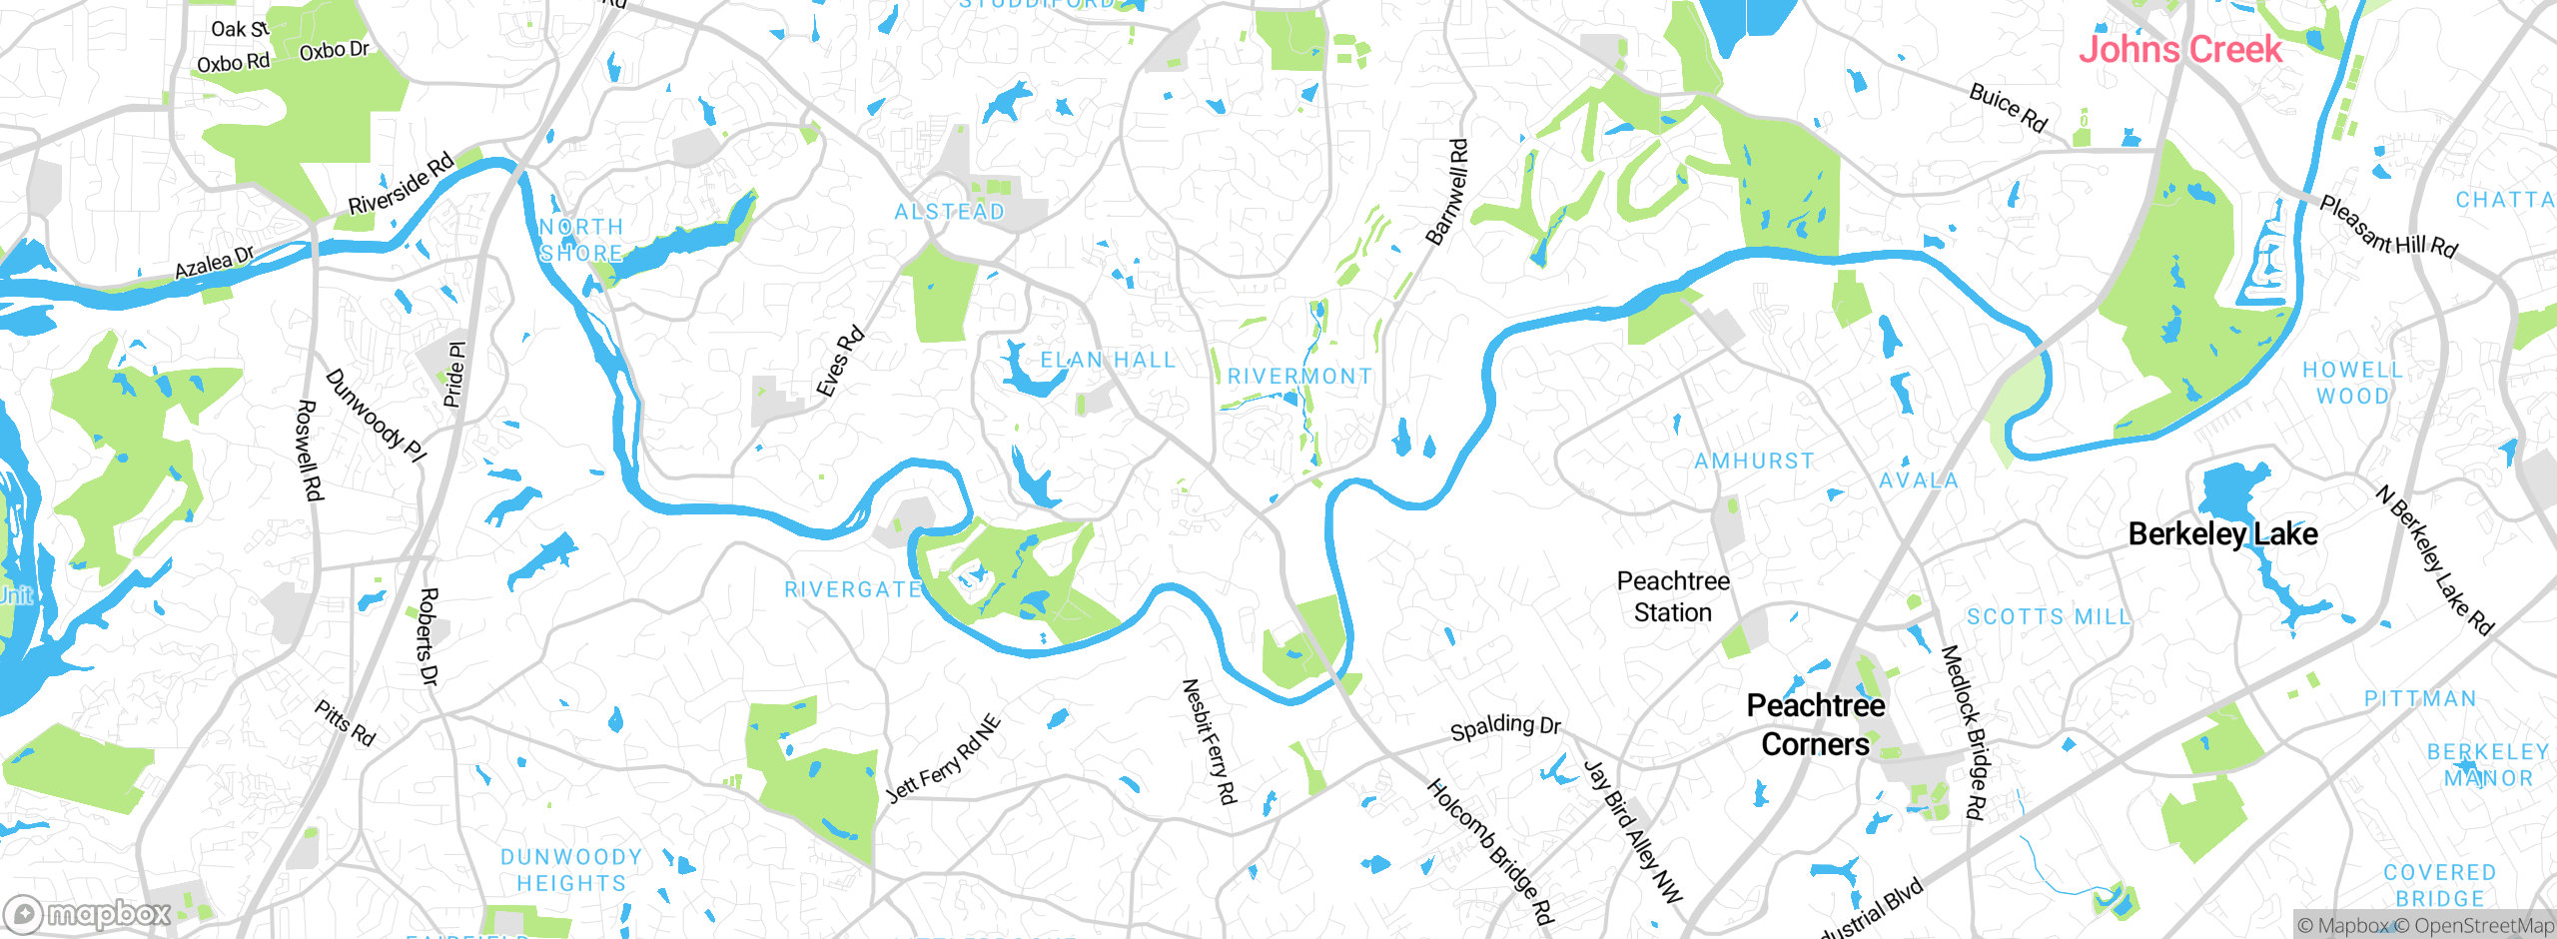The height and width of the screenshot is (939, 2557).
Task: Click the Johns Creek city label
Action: [x=2179, y=49]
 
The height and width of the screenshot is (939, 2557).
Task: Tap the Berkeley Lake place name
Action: [x=2222, y=534]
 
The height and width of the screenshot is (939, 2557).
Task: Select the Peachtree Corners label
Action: [x=1815, y=725]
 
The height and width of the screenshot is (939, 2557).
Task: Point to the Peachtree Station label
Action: [x=1673, y=596]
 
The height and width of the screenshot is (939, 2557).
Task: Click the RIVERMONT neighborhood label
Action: [x=1299, y=377]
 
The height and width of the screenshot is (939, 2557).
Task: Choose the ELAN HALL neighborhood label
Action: [x=1108, y=360]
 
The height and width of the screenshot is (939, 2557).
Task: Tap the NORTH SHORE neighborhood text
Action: [x=581, y=241]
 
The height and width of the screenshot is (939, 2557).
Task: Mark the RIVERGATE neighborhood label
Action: [x=853, y=590]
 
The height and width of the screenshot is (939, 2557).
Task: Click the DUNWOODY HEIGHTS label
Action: [x=571, y=870]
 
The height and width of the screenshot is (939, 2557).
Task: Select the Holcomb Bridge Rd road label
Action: [x=1490, y=852]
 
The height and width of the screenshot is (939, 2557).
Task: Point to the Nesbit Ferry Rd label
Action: [x=1209, y=741]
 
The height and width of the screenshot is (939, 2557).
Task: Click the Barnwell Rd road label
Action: [x=1447, y=193]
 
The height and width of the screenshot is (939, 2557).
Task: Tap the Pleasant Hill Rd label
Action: [x=2387, y=227]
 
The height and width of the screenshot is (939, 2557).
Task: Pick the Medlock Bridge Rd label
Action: [x=1962, y=732]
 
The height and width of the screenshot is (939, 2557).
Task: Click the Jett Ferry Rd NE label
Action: [x=944, y=759]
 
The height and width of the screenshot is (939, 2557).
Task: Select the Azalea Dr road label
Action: [x=214, y=264]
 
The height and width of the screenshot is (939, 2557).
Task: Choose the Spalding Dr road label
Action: [x=1504, y=726]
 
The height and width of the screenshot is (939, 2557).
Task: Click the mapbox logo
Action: [x=88, y=913]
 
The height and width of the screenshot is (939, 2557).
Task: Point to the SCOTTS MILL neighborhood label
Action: [x=2049, y=617]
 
